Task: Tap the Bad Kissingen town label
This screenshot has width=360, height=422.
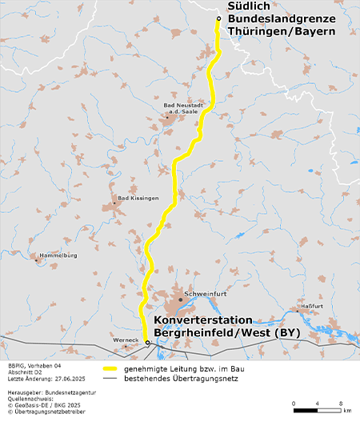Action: pos(138,197)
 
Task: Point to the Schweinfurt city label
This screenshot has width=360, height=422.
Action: pos(202,295)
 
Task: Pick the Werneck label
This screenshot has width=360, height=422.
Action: pos(126,340)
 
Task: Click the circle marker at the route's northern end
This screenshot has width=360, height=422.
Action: pos(218,18)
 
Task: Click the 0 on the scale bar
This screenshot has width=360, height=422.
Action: pos(294,403)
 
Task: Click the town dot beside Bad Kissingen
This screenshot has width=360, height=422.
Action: pos(114,203)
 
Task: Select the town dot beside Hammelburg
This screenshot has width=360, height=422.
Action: pos(36,259)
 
